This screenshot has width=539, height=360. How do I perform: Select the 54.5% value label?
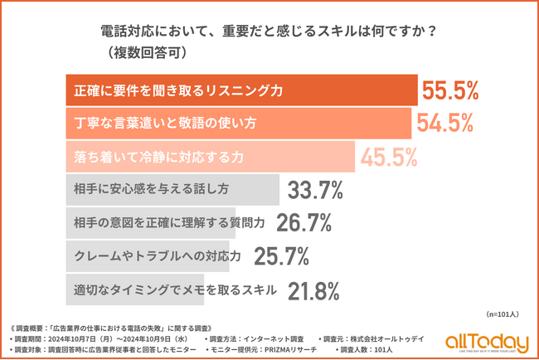tap(444, 123)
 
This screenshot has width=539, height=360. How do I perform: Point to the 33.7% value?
tap(315, 190)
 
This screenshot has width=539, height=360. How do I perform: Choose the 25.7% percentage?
tap(283, 256)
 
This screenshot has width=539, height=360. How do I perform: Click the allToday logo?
tap(486, 342)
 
